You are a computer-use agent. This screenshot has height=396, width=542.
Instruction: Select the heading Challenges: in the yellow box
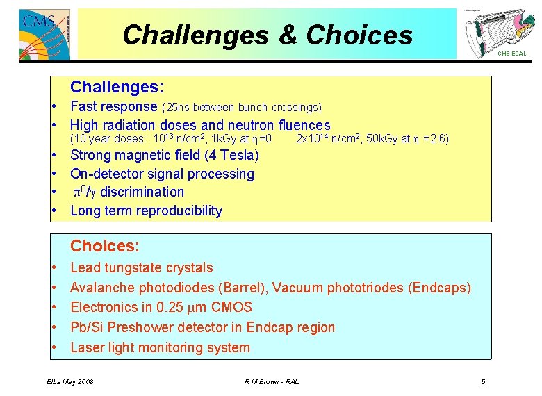117,87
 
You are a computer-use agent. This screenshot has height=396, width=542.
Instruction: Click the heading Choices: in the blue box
105,246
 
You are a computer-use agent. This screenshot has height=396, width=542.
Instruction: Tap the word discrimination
142,192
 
